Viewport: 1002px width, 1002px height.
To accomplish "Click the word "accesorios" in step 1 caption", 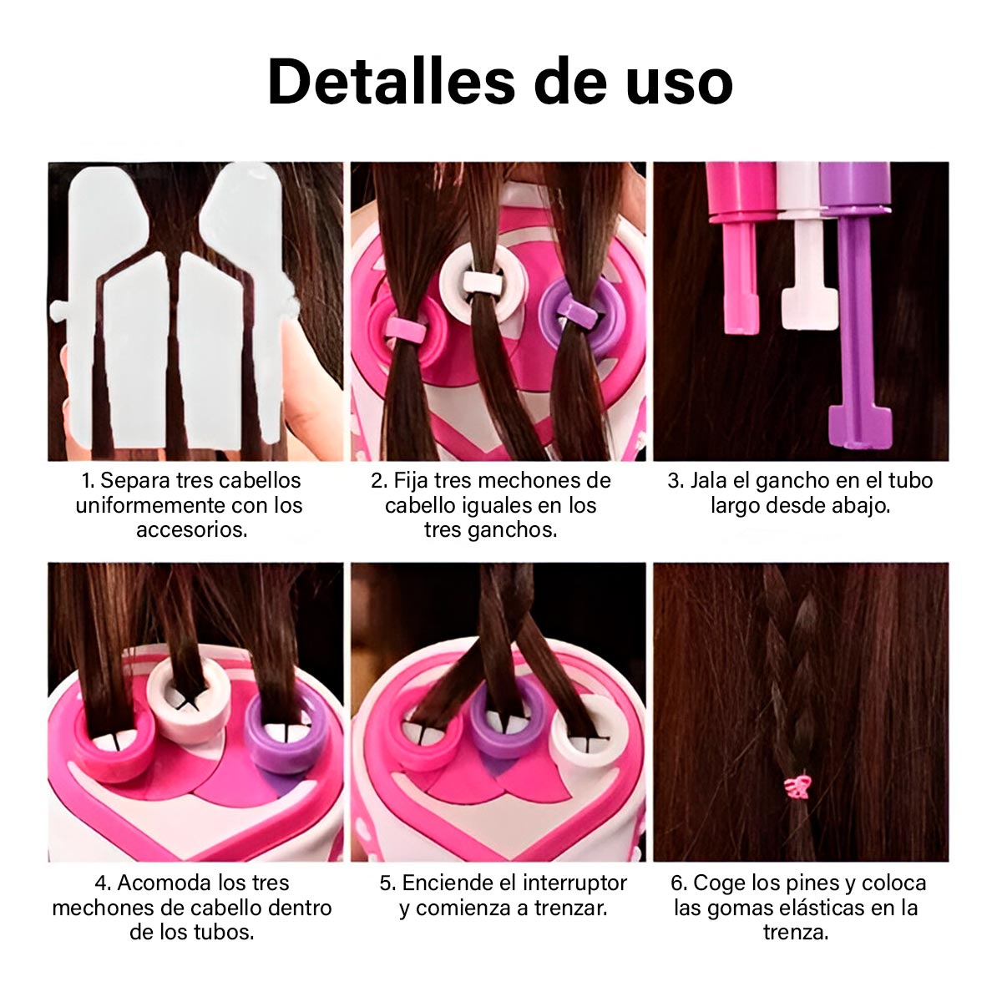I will click(x=191, y=529).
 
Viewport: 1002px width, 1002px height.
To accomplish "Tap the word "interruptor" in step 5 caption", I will click(x=574, y=883).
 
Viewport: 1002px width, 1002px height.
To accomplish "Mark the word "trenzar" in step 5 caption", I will click(x=568, y=908).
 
